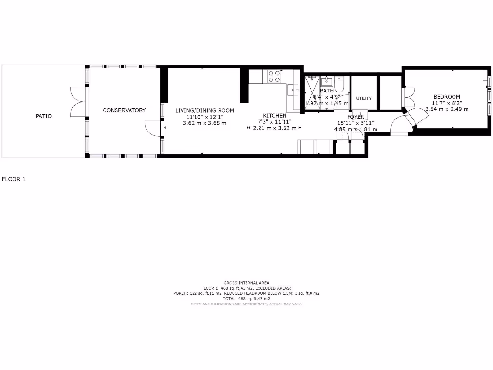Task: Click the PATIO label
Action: click(43, 116)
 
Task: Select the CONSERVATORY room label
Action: click(124, 110)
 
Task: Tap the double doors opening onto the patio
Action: click(77, 102)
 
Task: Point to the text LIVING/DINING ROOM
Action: click(205, 110)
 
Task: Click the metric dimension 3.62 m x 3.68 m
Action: click(205, 123)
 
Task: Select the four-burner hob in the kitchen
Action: click(274, 77)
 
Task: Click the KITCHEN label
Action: click(274, 116)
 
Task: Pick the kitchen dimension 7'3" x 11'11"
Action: click(274, 122)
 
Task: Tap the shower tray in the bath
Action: click(311, 92)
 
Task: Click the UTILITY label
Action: click(364, 98)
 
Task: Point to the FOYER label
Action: click(356, 117)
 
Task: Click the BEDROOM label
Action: click(447, 97)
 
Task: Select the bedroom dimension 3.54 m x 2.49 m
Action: click(447, 109)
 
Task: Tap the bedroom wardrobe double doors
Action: click(409, 97)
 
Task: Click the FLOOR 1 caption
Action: click(13, 179)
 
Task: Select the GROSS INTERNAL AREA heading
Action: click(246, 283)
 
